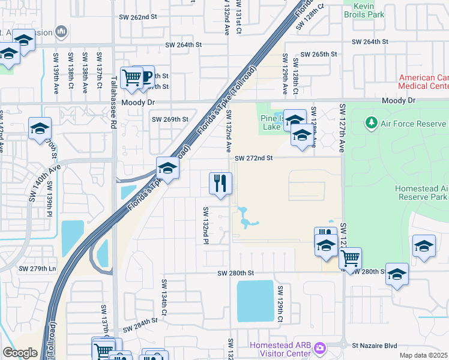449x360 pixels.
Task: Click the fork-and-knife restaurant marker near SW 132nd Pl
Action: pyautogui.click(x=220, y=184)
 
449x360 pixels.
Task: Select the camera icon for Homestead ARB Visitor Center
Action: pyautogui.click(x=320, y=347)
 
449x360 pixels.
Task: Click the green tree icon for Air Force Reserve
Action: pyautogui.click(x=372, y=123)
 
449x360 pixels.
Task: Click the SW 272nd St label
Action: pyautogui.click(x=254, y=158)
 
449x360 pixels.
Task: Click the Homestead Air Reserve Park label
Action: pyautogui.click(x=421, y=193)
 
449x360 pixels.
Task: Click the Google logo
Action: pyautogui.click(x=20, y=353)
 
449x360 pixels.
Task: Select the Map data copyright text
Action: pyautogui.click(x=424, y=355)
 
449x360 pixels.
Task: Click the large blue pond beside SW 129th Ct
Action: pyautogui.click(x=255, y=301)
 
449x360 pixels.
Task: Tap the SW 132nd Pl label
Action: pyautogui.click(x=205, y=226)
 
